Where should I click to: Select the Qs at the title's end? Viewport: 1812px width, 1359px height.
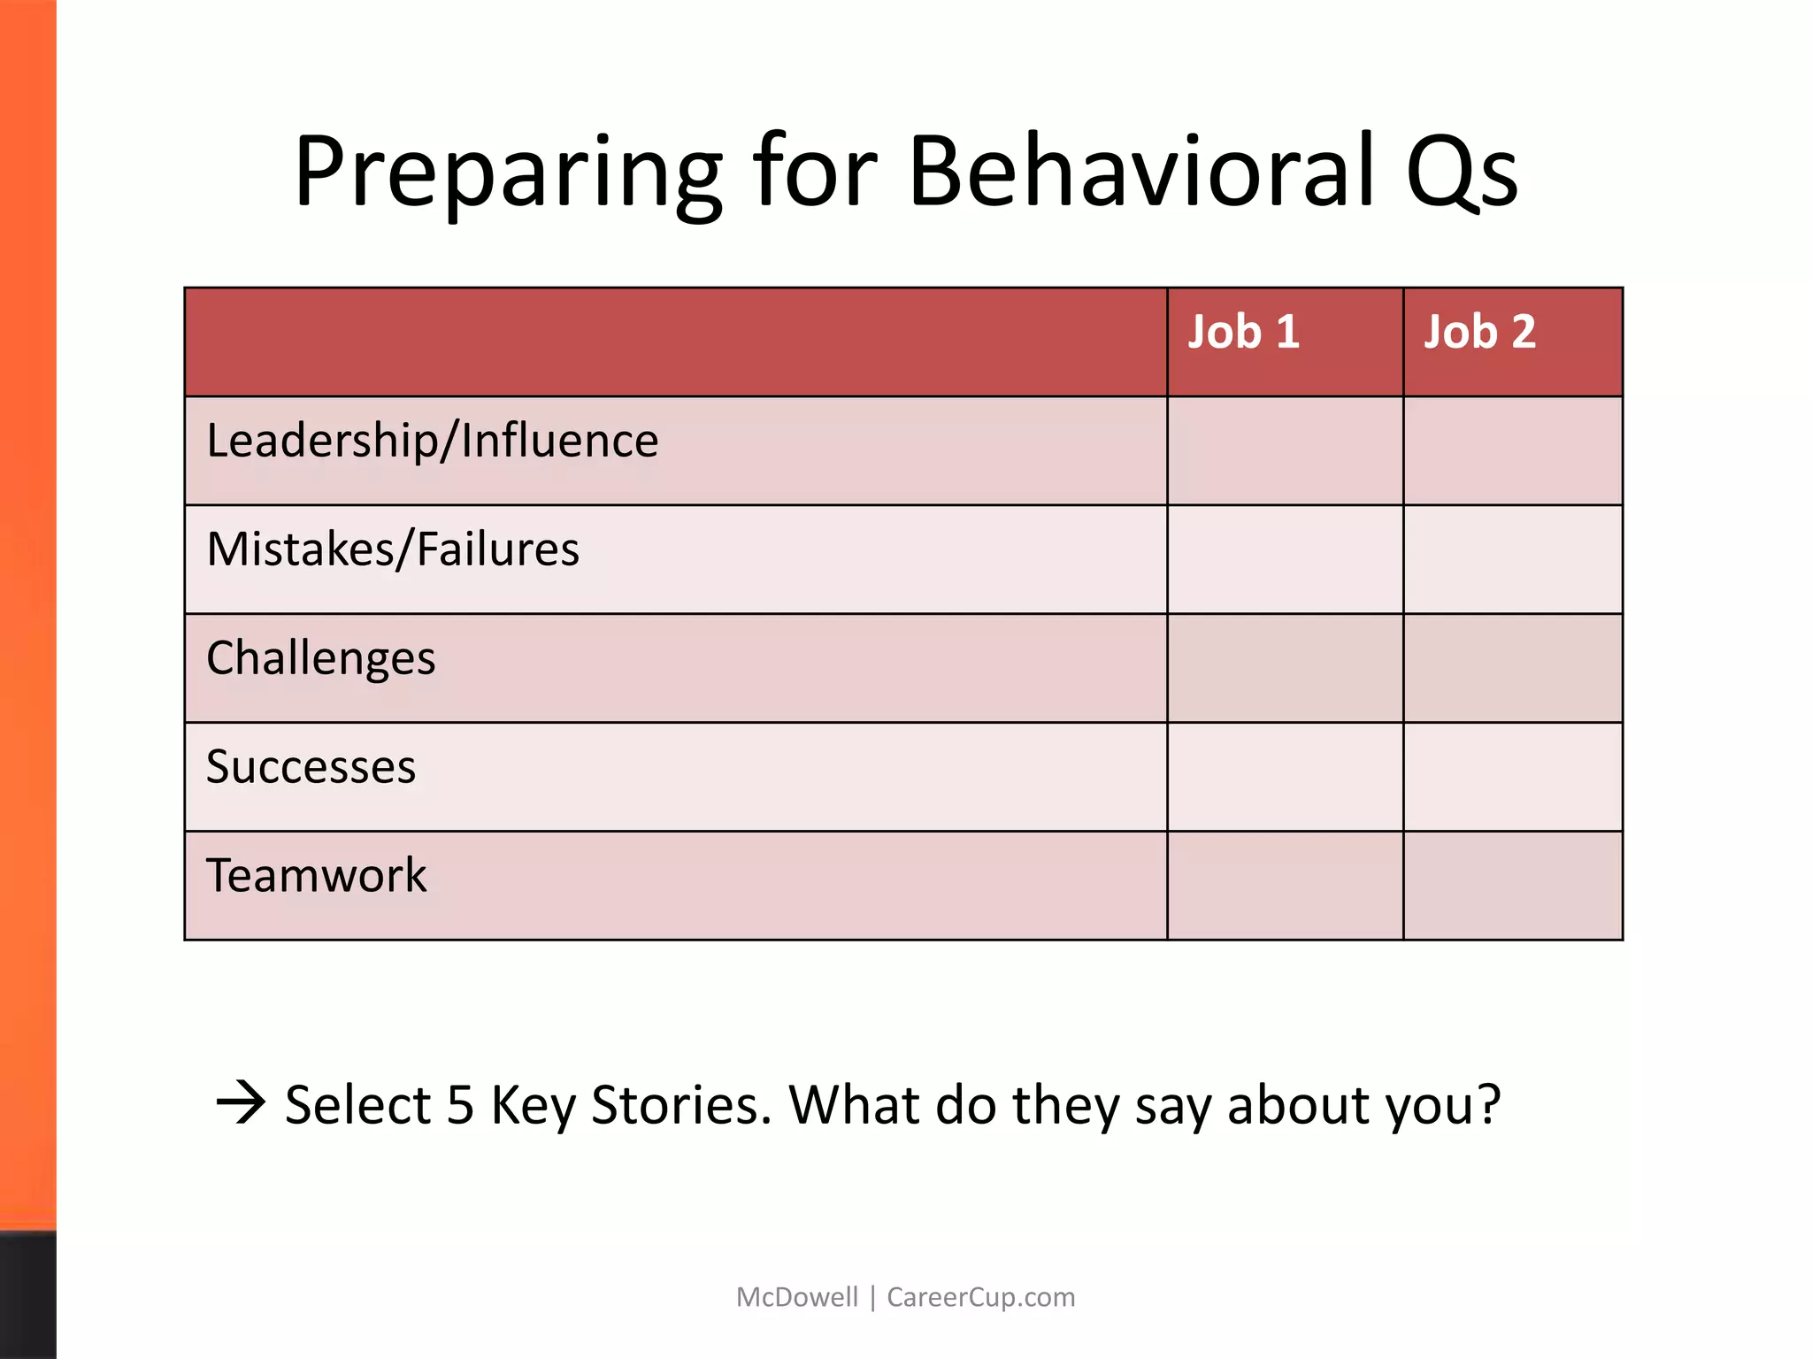(x=1461, y=173)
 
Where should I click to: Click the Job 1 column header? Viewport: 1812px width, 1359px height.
(x=1243, y=333)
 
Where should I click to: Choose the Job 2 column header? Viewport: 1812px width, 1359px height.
(x=1479, y=333)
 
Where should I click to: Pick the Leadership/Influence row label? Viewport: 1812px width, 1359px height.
(x=432, y=441)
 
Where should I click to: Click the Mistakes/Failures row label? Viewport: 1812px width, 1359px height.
(x=393, y=549)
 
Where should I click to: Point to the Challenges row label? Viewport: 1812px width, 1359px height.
(x=320, y=659)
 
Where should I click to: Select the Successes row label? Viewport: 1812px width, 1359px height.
(x=311, y=767)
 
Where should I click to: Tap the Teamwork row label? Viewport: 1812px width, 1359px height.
(x=316, y=876)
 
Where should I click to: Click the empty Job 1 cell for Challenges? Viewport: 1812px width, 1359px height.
(x=1285, y=668)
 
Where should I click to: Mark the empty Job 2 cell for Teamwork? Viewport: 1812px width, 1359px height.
(x=1512, y=886)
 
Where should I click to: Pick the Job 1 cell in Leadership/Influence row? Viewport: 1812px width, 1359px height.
(x=1285, y=451)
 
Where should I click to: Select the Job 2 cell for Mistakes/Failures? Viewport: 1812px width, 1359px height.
(x=1512, y=559)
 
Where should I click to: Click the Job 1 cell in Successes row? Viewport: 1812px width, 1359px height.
(x=1285, y=777)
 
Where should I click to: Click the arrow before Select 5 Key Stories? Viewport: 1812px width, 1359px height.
(x=241, y=1102)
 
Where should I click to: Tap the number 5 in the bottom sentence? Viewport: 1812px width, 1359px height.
(x=460, y=1106)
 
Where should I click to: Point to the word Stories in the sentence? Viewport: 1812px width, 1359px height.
(x=680, y=1106)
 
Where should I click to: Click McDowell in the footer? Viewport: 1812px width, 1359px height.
(x=796, y=1297)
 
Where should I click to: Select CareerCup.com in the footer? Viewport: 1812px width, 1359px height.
(x=980, y=1297)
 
